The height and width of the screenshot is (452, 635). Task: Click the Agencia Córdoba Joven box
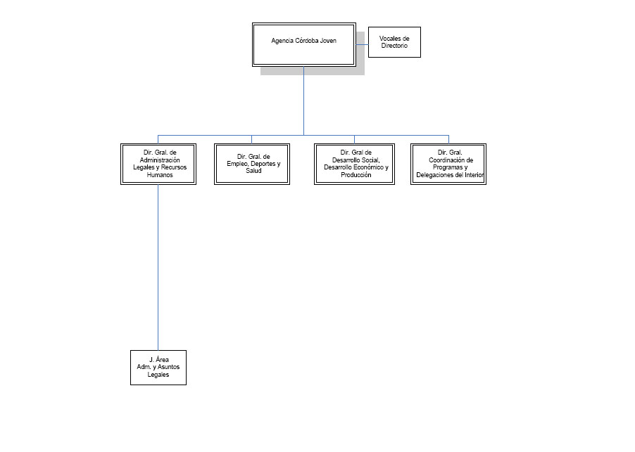303,44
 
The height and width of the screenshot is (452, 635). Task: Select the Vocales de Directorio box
394,42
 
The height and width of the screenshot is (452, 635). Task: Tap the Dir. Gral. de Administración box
158,164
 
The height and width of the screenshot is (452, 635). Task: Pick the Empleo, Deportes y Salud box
252,164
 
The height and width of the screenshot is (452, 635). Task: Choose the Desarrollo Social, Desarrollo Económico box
354,164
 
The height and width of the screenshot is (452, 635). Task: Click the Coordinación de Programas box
448,164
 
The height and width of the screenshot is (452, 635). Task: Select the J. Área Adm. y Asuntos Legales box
158,368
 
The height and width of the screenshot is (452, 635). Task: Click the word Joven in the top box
328,41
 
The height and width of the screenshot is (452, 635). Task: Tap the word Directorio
394,46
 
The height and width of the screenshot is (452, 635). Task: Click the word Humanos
160,175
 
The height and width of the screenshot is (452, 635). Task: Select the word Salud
253,171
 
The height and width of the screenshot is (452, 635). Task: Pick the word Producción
356,175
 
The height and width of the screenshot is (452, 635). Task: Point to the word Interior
474,175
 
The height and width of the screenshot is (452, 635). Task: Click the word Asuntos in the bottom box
168,367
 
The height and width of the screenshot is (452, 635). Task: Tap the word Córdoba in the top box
307,41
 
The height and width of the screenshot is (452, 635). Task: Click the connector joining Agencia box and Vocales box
362,44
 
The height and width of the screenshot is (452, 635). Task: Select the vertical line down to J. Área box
158,267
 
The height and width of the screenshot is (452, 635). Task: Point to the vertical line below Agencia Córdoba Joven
303,101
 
